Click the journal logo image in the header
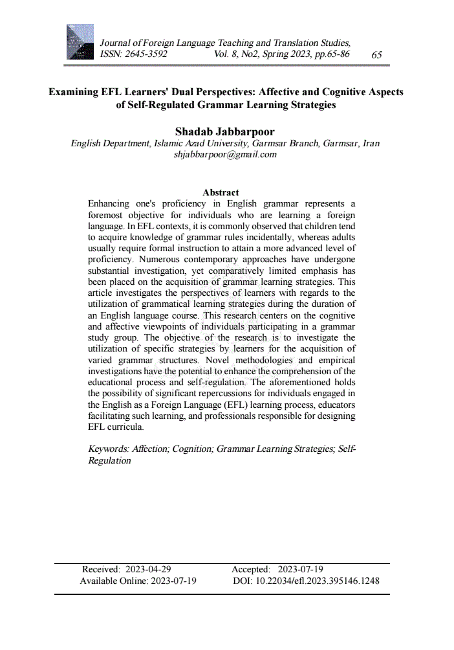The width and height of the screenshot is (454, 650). pos(80,42)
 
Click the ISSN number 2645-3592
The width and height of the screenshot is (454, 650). pos(147,54)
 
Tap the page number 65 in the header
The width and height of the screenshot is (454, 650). pos(376,55)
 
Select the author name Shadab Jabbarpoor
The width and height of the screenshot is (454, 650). pos(225,132)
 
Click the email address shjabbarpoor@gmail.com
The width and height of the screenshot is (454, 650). pos(225,155)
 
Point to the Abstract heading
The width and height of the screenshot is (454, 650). pos(221,192)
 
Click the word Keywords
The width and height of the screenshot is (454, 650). pos(107,449)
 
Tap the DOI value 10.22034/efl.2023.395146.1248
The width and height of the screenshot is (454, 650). pos(318,581)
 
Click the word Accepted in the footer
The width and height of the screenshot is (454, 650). pos(251,570)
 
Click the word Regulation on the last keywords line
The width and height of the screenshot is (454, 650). pos(109,461)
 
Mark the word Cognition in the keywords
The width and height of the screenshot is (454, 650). pos(193,449)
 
